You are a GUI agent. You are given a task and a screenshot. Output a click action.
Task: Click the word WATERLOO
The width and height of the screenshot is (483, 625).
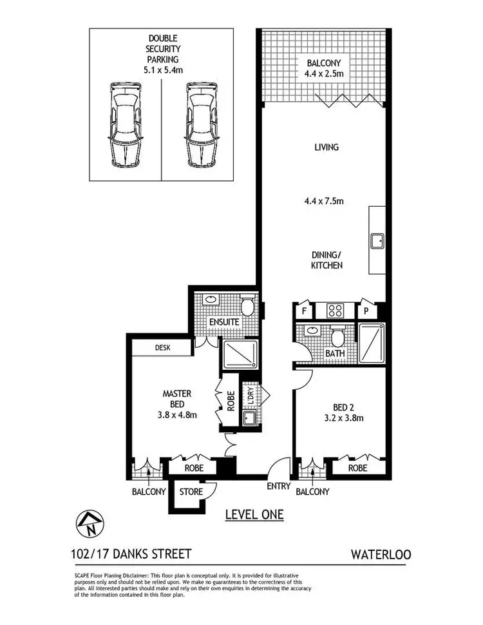pos(381,553)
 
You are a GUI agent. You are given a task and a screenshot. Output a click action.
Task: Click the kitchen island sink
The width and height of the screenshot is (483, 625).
pos(377,242)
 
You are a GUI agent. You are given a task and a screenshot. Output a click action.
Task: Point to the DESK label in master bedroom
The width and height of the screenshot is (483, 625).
pos(162,347)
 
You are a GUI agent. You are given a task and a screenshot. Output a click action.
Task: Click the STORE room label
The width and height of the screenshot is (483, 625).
pos(191,492)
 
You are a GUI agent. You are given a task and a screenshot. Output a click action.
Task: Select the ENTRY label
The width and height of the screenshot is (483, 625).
pos(279,486)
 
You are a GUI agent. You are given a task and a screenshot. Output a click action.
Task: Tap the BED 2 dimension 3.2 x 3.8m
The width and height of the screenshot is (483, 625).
pos(343,418)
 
